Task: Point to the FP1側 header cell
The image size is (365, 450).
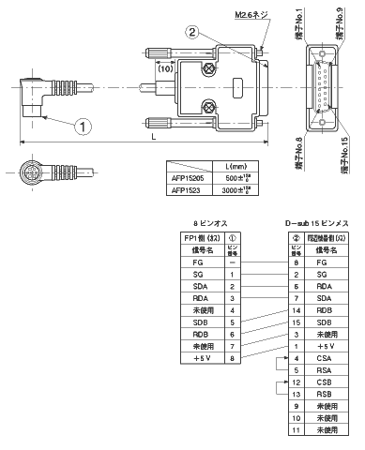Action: [x=196, y=238]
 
